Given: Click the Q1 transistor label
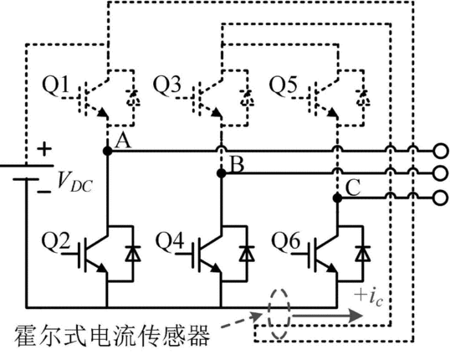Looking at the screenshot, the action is click(56, 85).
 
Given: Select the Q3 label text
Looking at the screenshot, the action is click(167, 85).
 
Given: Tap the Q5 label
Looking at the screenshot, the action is click(283, 85).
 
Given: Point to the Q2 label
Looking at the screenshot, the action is click(56, 241).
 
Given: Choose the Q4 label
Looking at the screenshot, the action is click(170, 241).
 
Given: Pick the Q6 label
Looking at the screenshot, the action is click(286, 241).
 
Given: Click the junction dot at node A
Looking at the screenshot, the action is click(108, 151).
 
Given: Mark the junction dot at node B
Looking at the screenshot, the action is click(222, 173).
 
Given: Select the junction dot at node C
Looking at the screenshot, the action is click(338, 198).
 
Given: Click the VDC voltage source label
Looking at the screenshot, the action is click(74, 182).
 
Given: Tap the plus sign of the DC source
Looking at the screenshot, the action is click(44, 149).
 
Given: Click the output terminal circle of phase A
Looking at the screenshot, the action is click(440, 151).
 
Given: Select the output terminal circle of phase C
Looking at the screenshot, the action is click(440, 198).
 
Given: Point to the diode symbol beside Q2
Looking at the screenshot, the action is click(133, 254).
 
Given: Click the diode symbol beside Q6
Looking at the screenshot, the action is click(363, 254).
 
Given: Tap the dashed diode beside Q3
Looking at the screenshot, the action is click(247, 98).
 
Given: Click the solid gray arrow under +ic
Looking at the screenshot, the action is click(327, 316).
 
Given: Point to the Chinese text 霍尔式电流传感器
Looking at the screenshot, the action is click(112, 336).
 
